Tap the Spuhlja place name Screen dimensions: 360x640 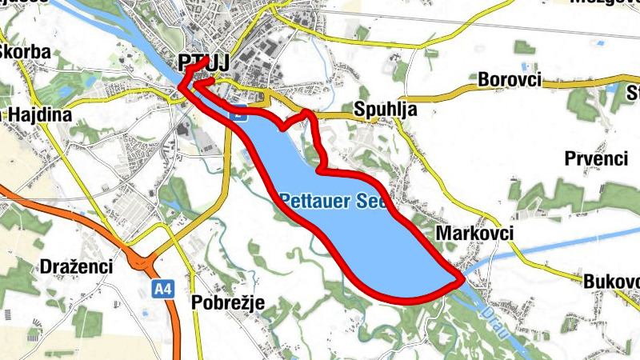pos(386,111)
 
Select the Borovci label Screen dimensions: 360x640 pos(509,80)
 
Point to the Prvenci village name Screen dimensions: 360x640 pos(595,158)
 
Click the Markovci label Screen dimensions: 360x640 pos(474,233)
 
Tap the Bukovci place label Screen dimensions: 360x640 pos(611,282)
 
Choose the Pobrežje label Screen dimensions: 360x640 pos(227,302)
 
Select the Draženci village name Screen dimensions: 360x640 pos(75,266)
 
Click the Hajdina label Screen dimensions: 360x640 pos(40,115)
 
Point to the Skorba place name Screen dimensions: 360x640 pos(26,53)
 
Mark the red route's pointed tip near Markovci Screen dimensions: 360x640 pos(462,281)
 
